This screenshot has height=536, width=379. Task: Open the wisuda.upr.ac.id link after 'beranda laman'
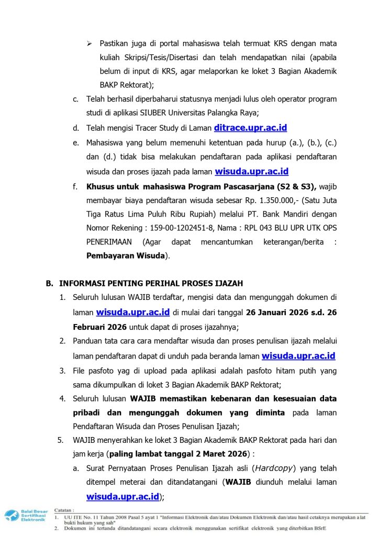[298, 356]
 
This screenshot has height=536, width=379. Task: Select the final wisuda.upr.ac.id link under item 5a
[123, 496]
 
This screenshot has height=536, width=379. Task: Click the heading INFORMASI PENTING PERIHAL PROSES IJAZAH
[151, 283]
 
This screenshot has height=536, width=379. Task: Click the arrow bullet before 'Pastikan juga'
[90, 43]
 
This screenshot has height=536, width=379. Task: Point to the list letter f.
[75, 186]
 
